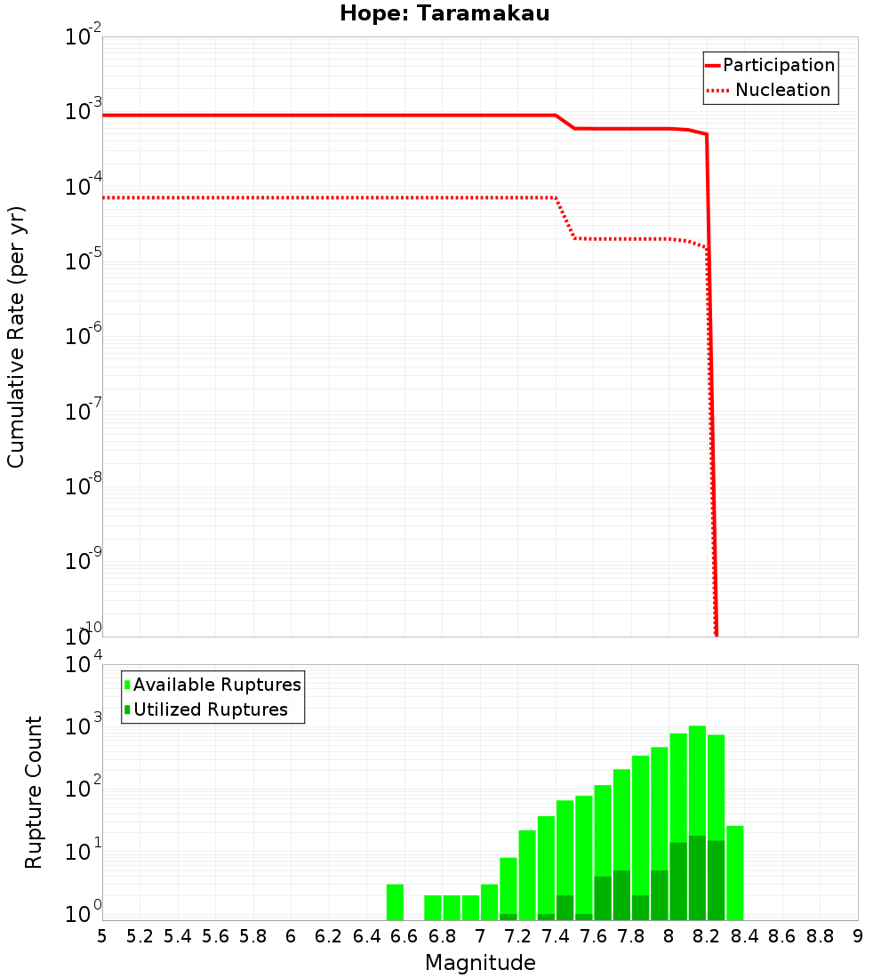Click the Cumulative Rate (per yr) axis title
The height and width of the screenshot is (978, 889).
coord(16,337)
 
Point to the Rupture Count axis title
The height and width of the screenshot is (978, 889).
coord(34,792)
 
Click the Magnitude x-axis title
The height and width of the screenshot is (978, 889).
coord(480,962)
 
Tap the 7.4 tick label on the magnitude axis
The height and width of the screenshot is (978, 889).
coord(556,935)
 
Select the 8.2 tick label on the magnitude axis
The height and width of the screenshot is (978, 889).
coord(707,935)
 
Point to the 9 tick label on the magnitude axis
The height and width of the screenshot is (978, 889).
coord(858,935)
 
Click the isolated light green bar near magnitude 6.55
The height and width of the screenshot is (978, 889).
coord(395,902)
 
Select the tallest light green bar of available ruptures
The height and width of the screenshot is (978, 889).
coord(697,822)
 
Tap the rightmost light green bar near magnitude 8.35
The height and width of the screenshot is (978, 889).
coord(734,872)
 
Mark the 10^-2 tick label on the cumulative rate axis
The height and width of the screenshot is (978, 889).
coord(84,37)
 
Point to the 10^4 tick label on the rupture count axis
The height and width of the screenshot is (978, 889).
coord(84,665)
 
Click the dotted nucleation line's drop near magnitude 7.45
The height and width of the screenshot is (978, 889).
coord(565,219)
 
